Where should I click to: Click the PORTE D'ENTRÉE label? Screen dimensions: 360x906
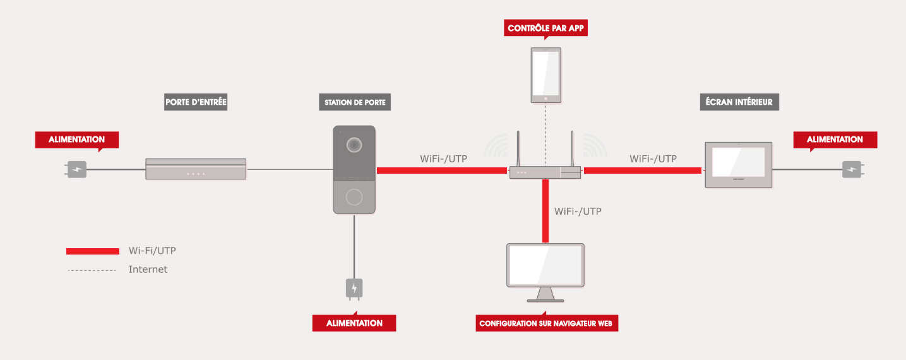(196, 102)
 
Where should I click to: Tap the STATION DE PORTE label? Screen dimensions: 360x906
(354, 102)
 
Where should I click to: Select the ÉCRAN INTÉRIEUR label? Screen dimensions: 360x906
(739, 102)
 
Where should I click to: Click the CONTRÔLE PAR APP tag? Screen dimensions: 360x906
(546, 28)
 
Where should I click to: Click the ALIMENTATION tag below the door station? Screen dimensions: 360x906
(354, 323)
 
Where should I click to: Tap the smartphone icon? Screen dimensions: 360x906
(545, 75)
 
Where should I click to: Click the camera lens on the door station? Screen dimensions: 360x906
(354, 145)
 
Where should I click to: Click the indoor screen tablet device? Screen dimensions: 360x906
(738, 165)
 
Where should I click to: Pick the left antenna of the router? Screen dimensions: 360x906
(518, 150)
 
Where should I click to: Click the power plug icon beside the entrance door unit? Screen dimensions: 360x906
(76, 169)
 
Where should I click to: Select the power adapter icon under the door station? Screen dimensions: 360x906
(354, 288)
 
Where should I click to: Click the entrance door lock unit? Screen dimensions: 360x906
(196, 169)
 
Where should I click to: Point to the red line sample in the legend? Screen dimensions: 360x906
(93, 251)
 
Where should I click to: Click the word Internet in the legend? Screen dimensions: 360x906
(148, 269)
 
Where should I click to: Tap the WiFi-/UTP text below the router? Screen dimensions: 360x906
(578, 211)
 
